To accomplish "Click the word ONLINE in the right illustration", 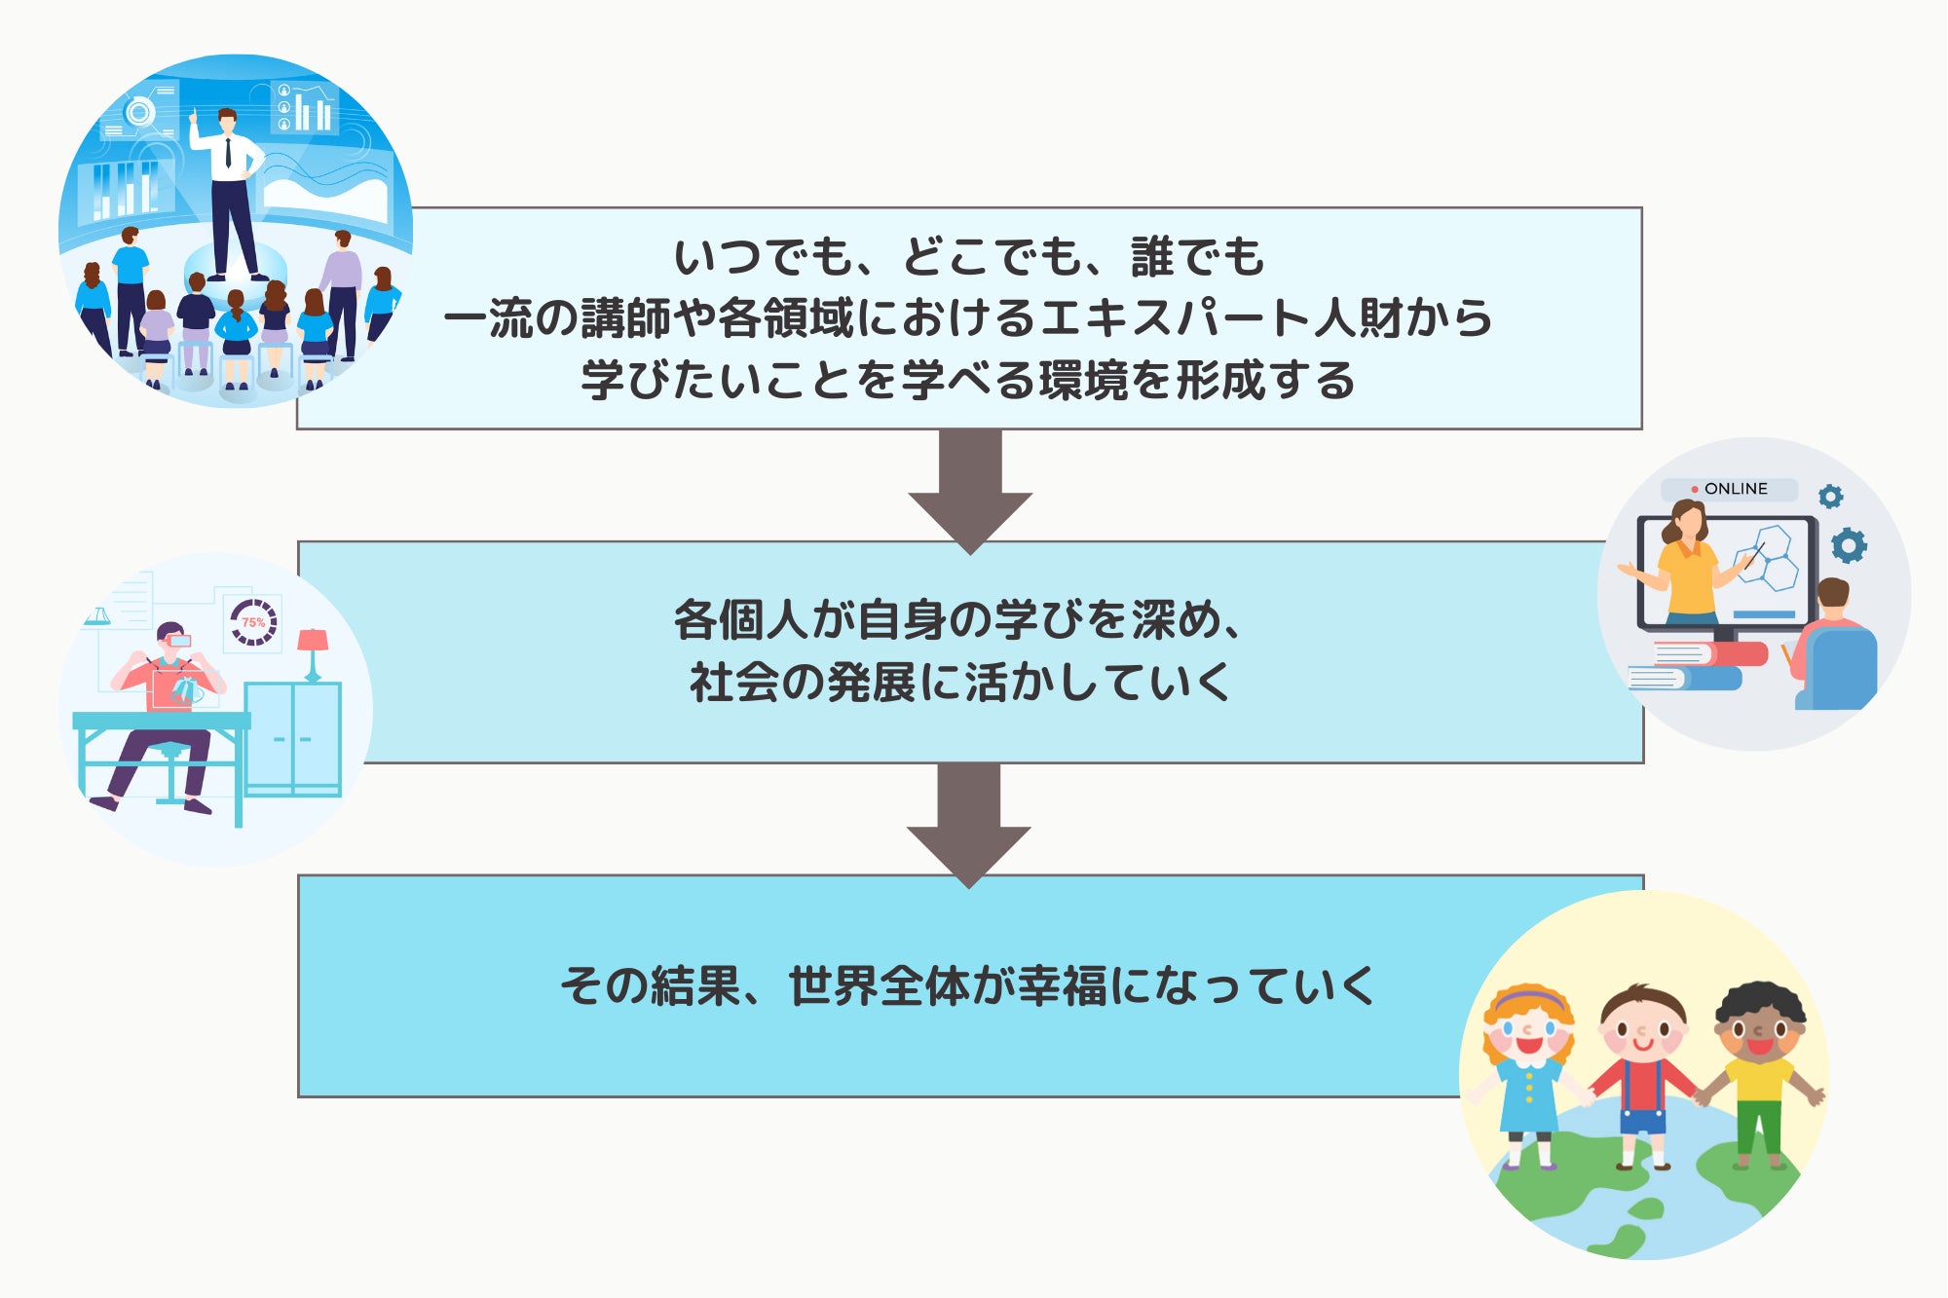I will point(1736,489).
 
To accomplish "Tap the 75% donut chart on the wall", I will point(253,621).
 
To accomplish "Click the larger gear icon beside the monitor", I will point(1849,545).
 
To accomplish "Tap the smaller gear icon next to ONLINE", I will point(1831,497).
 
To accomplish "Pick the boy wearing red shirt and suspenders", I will point(1643,1071).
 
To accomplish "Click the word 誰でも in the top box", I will point(1197,257).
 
